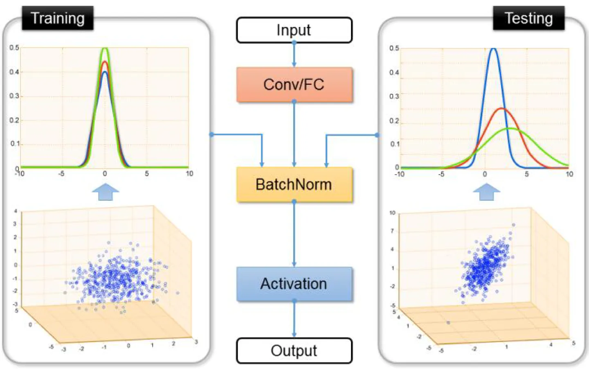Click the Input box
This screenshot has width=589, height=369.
point(294,30)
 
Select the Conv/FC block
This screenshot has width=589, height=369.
point(294,85)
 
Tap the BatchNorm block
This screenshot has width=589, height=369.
point(294,184)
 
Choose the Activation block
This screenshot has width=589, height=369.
point(294,284)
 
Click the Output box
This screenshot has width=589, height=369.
point(294,351)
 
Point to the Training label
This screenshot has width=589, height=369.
point(58,18)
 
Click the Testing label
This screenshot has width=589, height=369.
point(528,18)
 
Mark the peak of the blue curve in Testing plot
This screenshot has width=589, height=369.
point(494,49)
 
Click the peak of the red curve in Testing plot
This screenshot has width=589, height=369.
point(502,109)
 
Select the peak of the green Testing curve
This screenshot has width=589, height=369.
point(510,129)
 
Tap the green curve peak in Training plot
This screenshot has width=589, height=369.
point(105,49)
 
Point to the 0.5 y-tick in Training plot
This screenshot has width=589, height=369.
point(14,48)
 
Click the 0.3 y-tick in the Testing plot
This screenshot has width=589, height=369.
point(394,96)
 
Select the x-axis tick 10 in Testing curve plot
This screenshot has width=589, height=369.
point(569,174)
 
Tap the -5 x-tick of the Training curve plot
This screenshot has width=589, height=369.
point(61,174)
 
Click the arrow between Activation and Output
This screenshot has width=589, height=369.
point(294,319)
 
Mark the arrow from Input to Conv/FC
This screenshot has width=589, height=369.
point(294,55)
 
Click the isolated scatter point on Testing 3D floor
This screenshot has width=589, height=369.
point(448,323)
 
